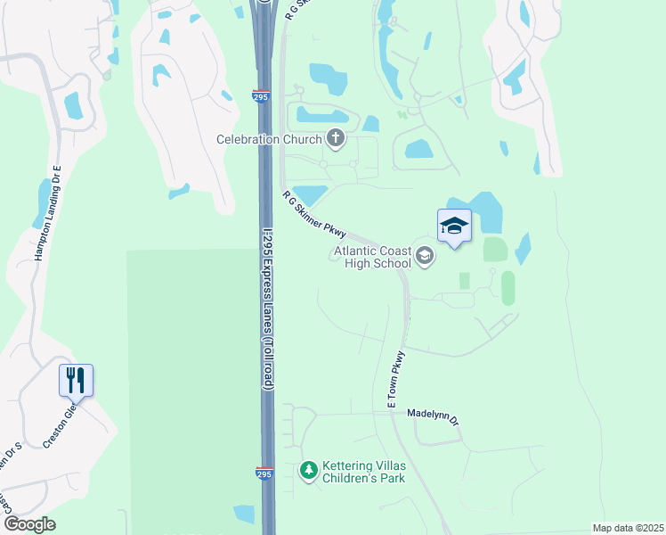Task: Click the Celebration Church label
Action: click(x=271, y=139)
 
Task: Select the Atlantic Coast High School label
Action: click(x=372, y=258)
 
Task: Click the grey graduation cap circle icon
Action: click(x=426, y=257)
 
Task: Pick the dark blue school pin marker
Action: click(x=454, y=226)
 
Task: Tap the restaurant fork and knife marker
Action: click(x=76, y=381)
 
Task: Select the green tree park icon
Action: click(x=309, y=469)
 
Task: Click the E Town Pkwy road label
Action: click(x=395, y=381)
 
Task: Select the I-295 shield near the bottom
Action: click(x=264, y=473)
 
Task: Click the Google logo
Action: click(x=29, y=524)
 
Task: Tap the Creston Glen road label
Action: click(x=62, y=429)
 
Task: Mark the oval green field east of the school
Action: click(x=508, y=288)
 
